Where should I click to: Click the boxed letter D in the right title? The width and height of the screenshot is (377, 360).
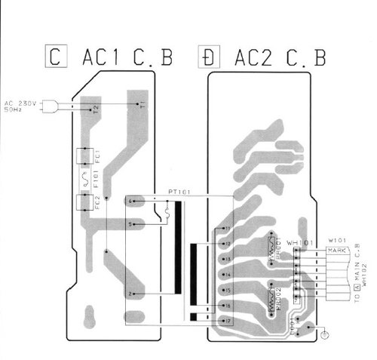[x=206, y=56]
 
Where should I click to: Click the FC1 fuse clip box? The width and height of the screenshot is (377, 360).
[x=84, y=157]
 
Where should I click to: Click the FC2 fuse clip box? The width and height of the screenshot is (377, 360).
[x=84, y=203]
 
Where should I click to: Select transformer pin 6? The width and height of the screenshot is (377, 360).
[x=130, y=202]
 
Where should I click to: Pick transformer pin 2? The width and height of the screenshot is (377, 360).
[x=130, y=293]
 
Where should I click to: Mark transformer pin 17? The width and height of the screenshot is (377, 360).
[x=227, y=321]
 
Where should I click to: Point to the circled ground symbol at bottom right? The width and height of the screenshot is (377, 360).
[x=323, y=333]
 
